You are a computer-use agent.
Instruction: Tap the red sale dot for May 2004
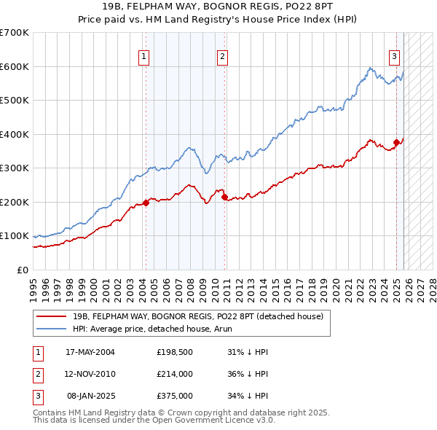(x=146, y=203)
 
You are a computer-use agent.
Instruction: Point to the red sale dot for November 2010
(x=224, y=197)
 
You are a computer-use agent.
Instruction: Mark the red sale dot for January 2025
(x=397, y=143)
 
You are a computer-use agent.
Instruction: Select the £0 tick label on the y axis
(x=23, y=270)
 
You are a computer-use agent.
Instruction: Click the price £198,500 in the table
(x=173, y=352)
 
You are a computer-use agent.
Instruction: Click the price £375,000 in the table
(x=173, y=396)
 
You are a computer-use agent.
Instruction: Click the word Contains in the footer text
(x=51, y=413)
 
